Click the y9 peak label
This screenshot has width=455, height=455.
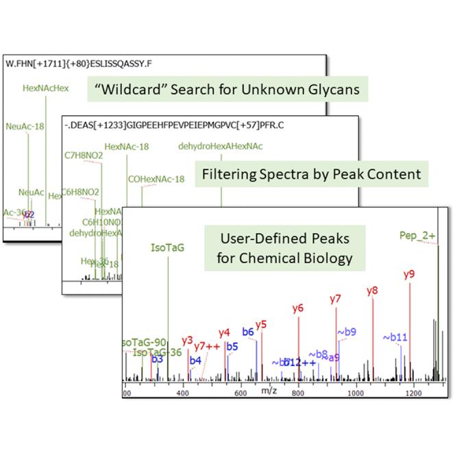coord(409,275)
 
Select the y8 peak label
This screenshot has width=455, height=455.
coord(373,291)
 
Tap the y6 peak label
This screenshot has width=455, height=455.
coord(297,308)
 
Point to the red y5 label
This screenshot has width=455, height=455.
coord(260,324)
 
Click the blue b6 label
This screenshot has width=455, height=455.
coord(248,332)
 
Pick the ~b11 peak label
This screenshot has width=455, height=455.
coord(395,337)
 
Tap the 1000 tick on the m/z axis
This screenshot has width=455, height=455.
coord(355,393)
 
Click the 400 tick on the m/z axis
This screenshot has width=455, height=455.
coord(183,393)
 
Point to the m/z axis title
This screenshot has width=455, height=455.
coord(269,391)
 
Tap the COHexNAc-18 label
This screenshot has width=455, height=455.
coord(156,179)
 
